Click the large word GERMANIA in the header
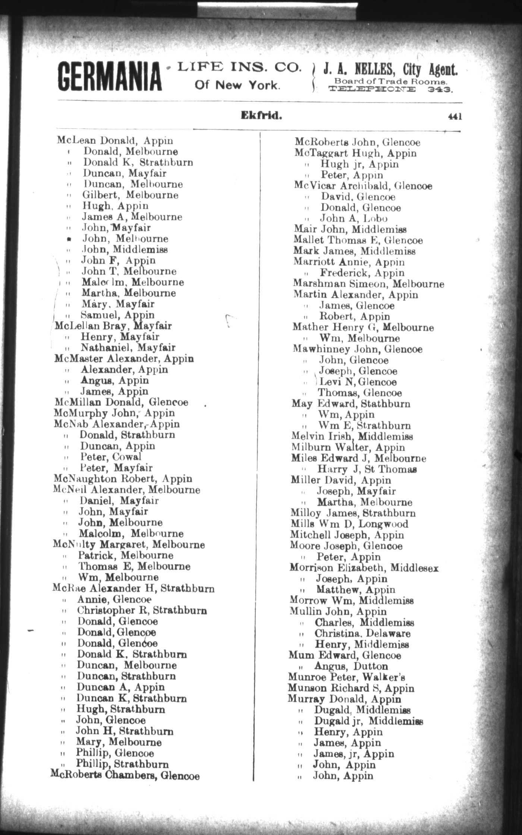110,76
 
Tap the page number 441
455,117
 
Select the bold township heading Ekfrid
261,115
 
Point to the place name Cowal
127,457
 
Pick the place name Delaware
388,633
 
